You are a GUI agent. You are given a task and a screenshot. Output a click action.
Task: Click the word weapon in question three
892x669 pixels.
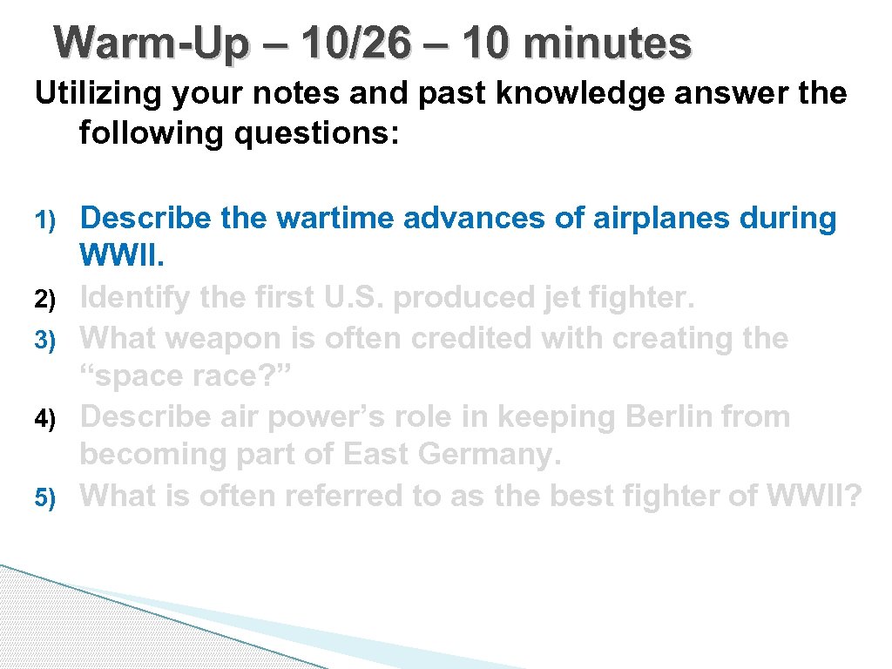pyautogui.click(x=227, y=338)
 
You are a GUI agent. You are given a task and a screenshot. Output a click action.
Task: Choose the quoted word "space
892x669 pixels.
pyautogui.click(x=143, y=377)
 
